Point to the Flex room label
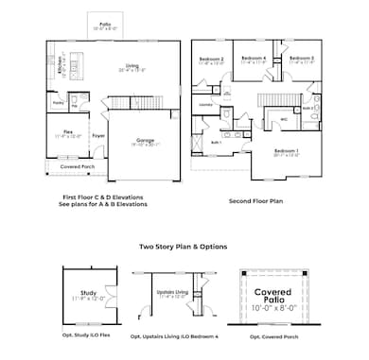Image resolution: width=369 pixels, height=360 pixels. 64,135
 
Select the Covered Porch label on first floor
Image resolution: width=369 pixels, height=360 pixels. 72,166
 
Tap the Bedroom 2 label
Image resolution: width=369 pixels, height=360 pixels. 211,60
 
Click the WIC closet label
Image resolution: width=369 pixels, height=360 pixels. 283,120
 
